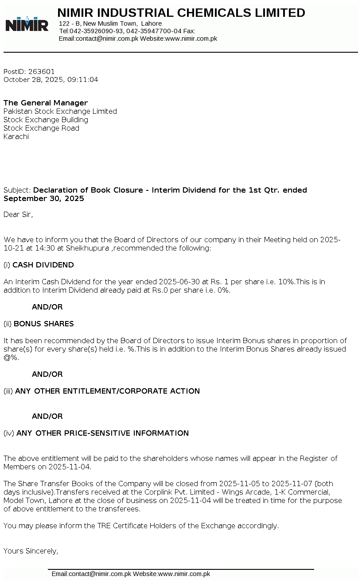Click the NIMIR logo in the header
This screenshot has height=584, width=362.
[x=27, y=24]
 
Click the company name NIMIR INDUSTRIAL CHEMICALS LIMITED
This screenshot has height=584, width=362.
[x=181, y=13]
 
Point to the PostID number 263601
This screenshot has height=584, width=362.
[x=41, y=71]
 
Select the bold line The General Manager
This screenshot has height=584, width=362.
[x=46, y=103]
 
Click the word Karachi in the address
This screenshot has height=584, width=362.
[x=16, y=136]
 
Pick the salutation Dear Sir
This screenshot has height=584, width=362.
[x=18, y=215]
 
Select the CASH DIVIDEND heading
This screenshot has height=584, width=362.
[x=43, y=265]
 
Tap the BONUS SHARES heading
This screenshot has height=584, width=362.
[x=43, y=324]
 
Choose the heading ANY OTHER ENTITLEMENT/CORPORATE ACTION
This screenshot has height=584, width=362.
[x=107, y=391]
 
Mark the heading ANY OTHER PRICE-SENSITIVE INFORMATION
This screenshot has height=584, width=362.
[x=102, y=433]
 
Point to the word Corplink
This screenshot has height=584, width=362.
[x=159, y=492]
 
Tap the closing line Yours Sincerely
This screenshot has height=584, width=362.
[x=31, y=551]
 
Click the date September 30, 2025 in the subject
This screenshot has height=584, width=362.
[x=44, y=198]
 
